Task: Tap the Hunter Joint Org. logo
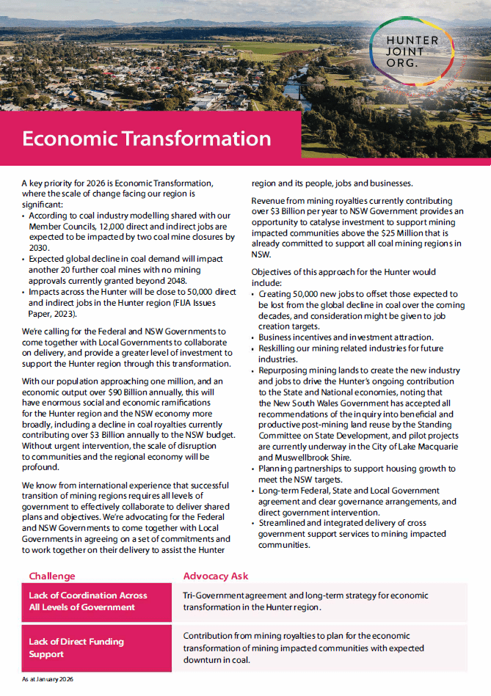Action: click(x=413, y=51)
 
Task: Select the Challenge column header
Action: click(x=52, y=576)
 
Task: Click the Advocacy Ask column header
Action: click(x=216, y=576)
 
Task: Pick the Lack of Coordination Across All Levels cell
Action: click(x=88, y=601)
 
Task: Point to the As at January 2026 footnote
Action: click(x=48, y=680)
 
